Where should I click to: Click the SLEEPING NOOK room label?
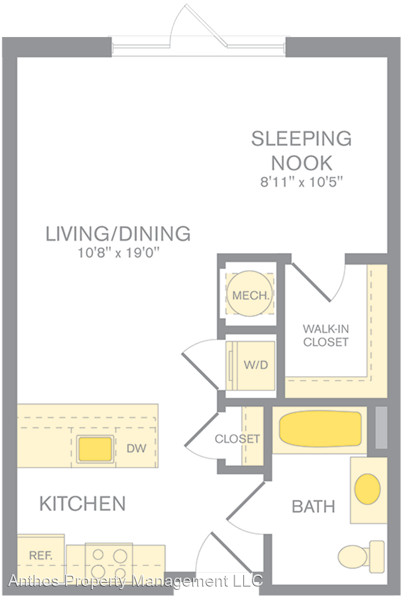[x=301, y=151]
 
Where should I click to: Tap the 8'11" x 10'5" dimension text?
[x=302, y=182]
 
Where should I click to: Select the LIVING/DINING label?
[x=118, y=234]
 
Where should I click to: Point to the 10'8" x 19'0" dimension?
[x=118, y=253]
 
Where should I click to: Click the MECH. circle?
[x=249, y=294]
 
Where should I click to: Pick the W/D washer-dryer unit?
[x=250, y=365]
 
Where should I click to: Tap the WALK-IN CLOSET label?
[x=326, y=335]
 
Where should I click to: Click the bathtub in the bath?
[x=320, y=429]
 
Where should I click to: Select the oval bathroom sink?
[x=367, y=489]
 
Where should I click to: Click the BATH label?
[x=313, y=507]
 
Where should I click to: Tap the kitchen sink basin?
[x=95, y=449]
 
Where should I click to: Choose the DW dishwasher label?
[x=137, y=448]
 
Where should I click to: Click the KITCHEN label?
[x=83, y=504]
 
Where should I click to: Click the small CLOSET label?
[x=237, y=438]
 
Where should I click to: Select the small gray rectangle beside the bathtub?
[x=381, y=427]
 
